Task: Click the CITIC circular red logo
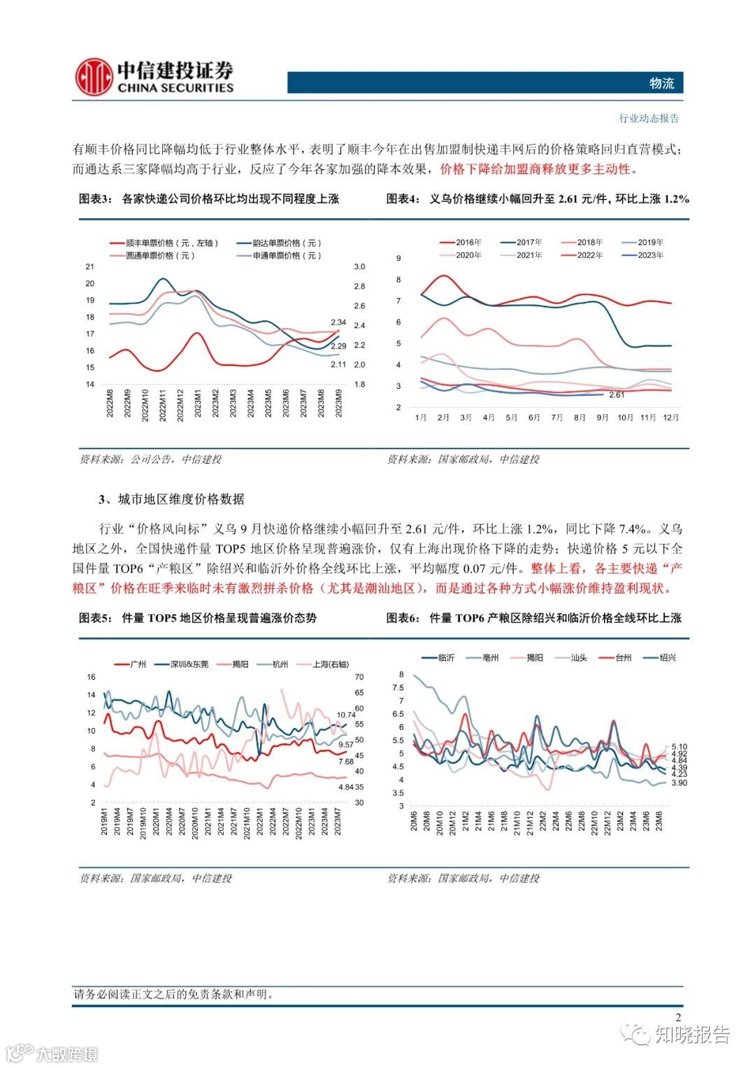[x=94, y=77]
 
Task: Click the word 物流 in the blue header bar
[x=661, y=83]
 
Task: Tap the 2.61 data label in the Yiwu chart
[x=616, y=395]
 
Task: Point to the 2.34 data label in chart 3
[x=338, y=322]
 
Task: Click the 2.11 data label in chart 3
[x=338, y=364]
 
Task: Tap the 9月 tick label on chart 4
[x=603, y=418]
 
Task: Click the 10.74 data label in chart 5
[x=346, y=715]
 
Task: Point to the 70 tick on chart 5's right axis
[x=359, y=677]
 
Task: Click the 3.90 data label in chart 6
[x=679, y=783]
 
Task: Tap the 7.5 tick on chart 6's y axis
[x=398, y=688]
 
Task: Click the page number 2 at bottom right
[x=678, y=1018]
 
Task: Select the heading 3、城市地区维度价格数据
[x=171, y=499]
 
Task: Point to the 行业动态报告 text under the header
[x=649, y=118]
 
